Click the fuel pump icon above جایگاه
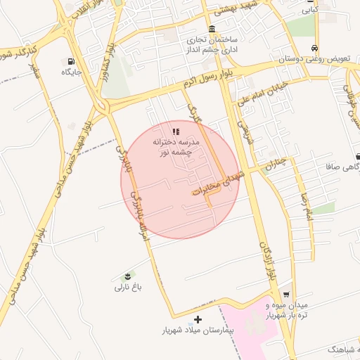pos(72,60)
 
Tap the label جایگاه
pos(72,72)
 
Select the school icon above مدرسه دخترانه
pos(177,131)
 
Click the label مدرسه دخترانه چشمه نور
pos(177,147)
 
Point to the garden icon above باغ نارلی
pos(128,274)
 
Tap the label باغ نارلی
pos(128,287)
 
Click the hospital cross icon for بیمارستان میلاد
pos(198,319)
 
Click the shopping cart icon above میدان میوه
pos(286,294)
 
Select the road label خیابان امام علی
pos(266,92)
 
